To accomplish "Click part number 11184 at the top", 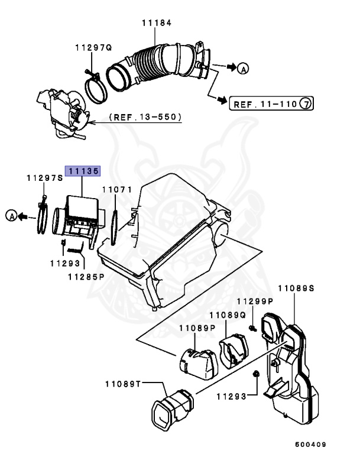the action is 156,23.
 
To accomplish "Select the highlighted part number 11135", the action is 83,171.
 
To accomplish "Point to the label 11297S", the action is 44,177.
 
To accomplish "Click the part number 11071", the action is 115,190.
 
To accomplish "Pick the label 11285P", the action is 85,276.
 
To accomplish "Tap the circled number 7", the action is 305,105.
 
